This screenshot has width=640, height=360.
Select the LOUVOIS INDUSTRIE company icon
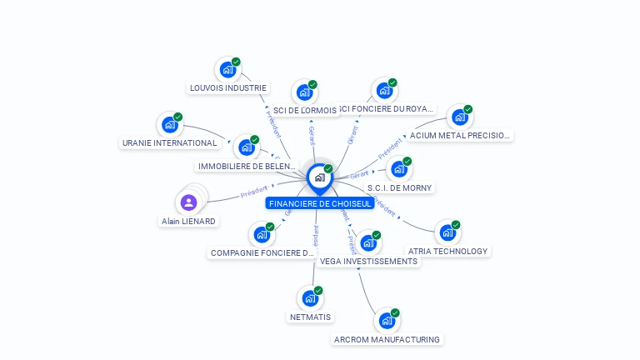tap(227, 70)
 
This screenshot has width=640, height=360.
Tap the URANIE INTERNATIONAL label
tap(169, 142)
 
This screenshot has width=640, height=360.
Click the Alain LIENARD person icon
tap(188, 202)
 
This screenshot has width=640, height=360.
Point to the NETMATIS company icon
tap(310, 297)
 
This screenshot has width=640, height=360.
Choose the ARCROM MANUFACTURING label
tap(386, 339)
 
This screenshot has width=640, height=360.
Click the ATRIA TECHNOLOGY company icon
tap(447, 232)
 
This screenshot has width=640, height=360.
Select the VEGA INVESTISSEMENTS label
tap(368, 261)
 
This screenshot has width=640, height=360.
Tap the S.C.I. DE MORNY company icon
tap(399, 169)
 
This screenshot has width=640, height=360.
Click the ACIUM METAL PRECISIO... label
tap(460, 135)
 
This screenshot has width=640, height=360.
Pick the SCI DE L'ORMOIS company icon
tap(303, 92)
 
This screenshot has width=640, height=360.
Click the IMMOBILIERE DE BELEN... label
tap(247, 166)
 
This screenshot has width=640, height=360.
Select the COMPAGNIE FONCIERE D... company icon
tap(262, 234)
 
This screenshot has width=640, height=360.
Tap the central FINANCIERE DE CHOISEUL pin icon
tap(319, 177)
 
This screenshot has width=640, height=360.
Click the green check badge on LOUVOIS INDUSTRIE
tap(236, 62)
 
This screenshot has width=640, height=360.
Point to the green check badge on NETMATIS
tap(318, 290)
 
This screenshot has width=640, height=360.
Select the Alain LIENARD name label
tap(188, 221)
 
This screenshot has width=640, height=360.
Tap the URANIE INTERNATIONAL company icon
tap(169, 125)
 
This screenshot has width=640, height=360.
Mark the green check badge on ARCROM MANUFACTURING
tap(395, 312)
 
